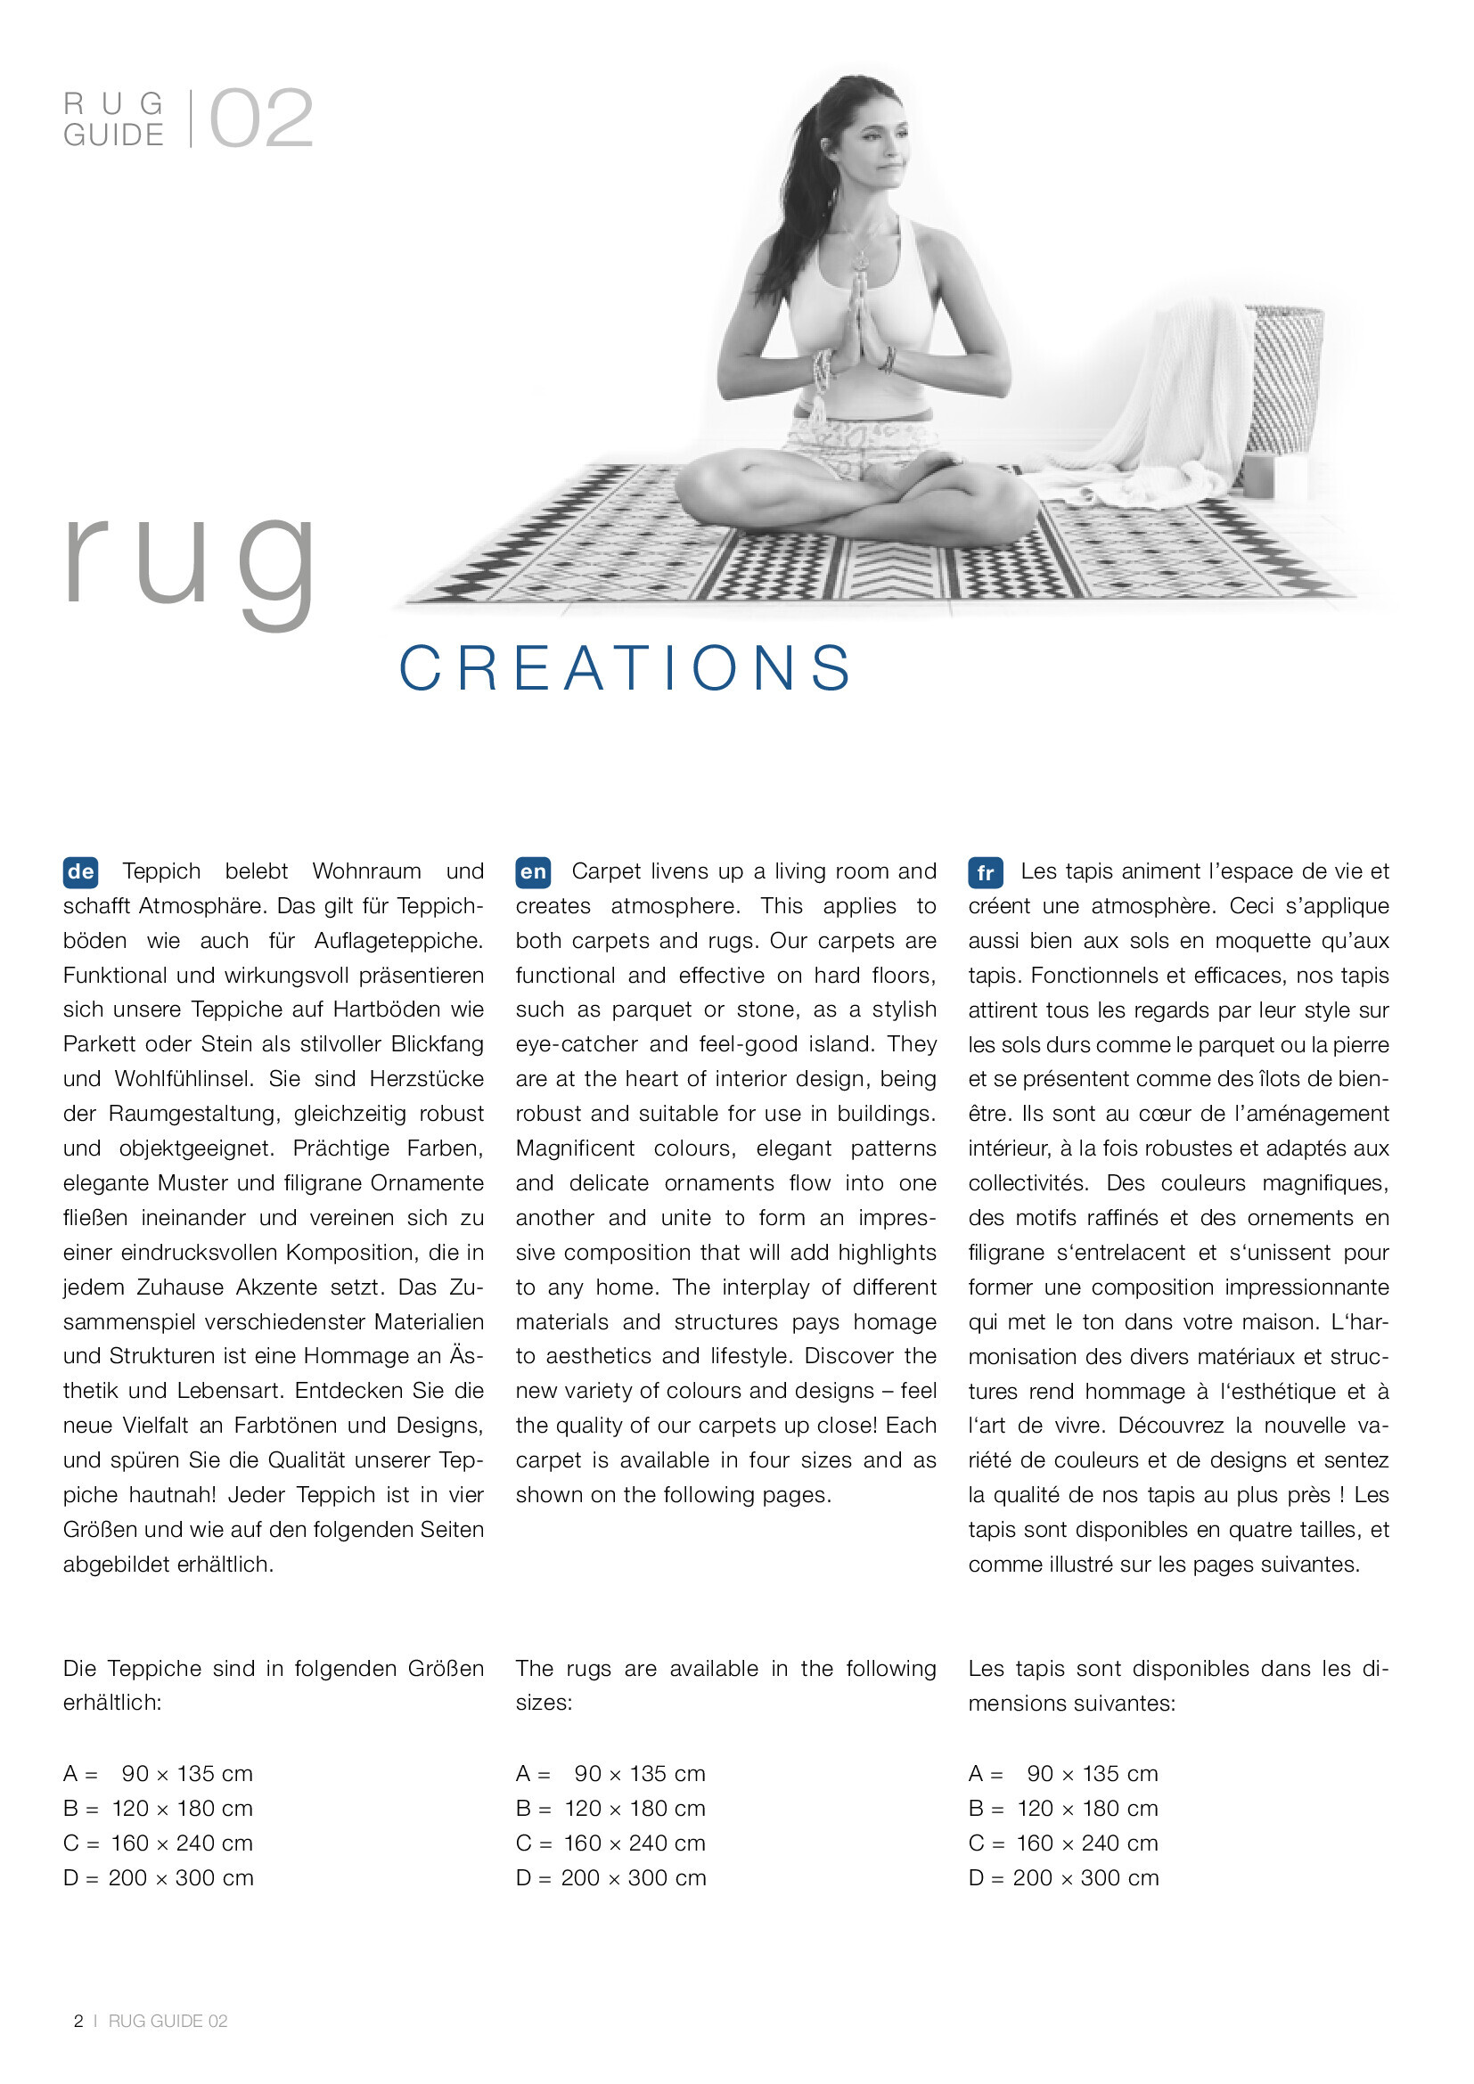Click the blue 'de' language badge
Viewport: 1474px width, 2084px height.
(x=81, y=872)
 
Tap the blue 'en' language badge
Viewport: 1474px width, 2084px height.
(x=533, y=872)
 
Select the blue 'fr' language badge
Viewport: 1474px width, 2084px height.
(x=985, y=873)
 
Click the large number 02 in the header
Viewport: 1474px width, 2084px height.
(x=260, y=119)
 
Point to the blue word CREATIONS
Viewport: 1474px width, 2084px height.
(x=626, y=669)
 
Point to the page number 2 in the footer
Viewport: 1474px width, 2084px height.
(x=79, y=2021)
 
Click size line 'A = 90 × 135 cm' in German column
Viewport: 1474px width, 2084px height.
(x=158, y=1774)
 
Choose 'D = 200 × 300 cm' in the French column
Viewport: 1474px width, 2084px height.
(x=1063, y=1878)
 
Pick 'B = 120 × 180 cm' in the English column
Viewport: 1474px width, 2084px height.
(x=610, y=1808)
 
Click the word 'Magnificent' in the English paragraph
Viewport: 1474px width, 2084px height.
(x=576, y=1148)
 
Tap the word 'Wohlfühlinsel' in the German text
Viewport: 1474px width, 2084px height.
(x=185, y=1079)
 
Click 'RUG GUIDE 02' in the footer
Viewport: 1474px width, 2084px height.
(x=168, y=2021)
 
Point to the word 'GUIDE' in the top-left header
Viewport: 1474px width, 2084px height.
(x=113, y=135)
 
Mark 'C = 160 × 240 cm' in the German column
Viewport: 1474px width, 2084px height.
(x=158, y=1843)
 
